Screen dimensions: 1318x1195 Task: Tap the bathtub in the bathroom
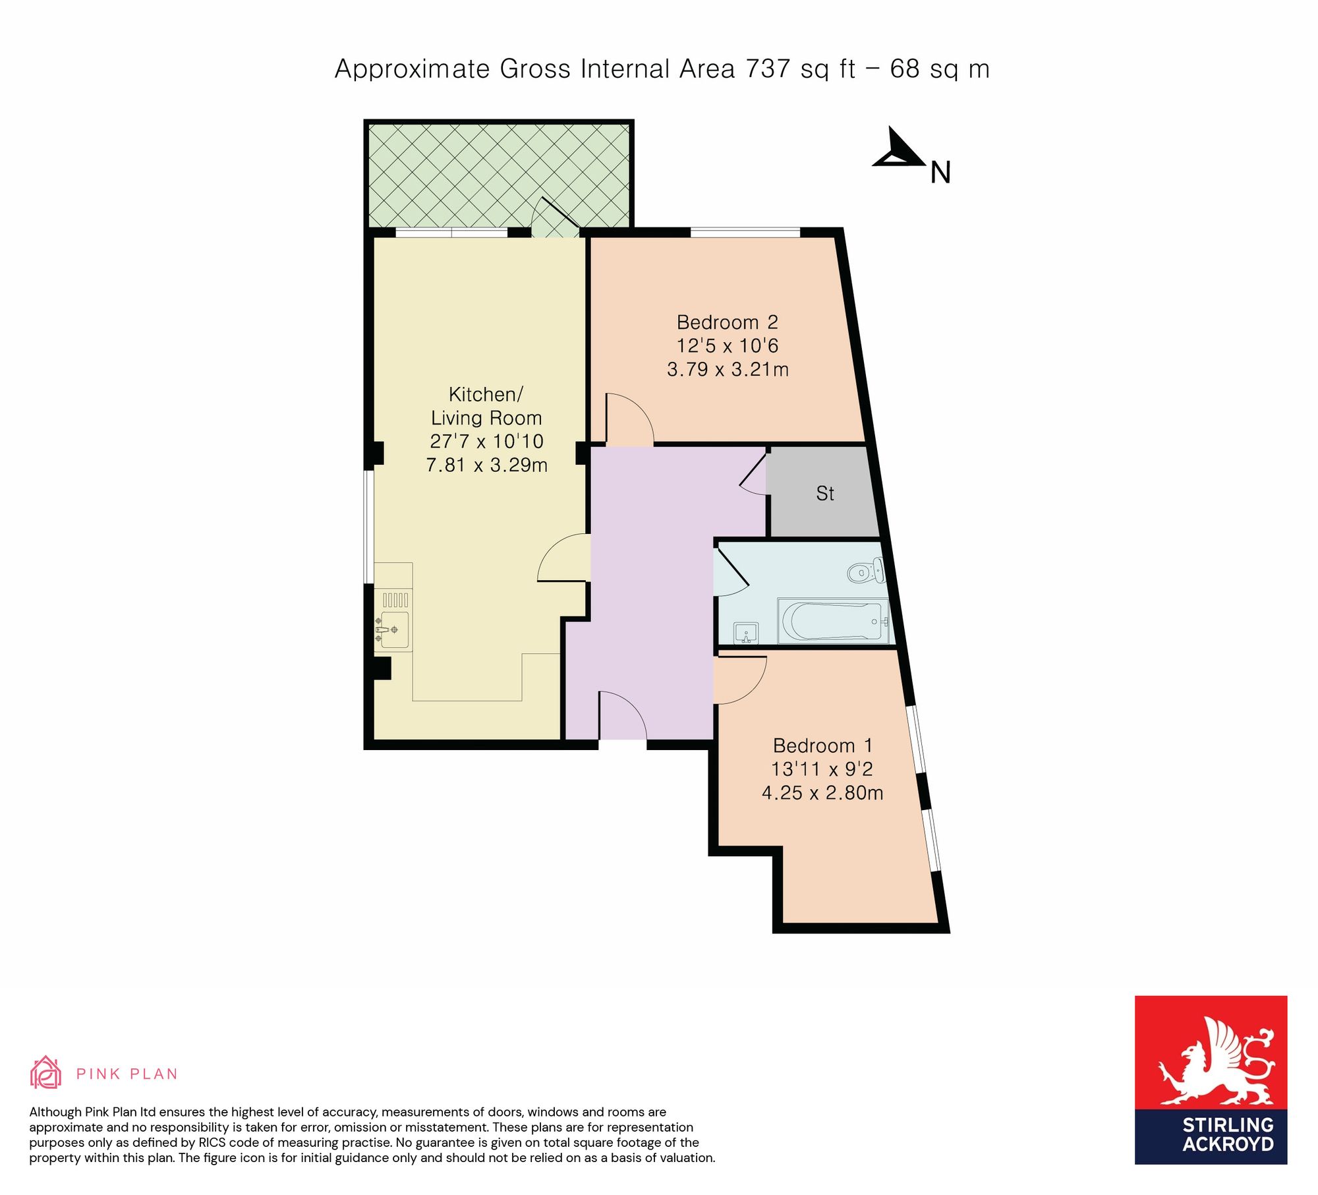833,620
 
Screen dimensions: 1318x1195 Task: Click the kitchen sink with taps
392,630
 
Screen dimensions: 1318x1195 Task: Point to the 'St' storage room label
825,493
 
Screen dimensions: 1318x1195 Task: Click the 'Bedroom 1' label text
822,745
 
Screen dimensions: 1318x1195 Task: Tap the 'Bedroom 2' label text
728,322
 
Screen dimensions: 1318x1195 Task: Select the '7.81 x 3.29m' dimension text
487,465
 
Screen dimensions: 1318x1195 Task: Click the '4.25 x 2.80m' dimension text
822,793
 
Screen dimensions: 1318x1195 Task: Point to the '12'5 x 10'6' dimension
728,346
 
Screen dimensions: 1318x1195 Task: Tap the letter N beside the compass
940,173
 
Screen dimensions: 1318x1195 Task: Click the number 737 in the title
768,69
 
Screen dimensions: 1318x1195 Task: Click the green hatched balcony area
499,176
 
